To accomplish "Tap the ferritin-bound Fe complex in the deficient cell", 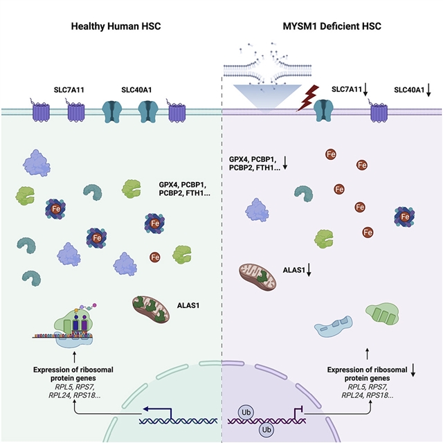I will point(406,217).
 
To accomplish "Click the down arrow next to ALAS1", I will point(309,271).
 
